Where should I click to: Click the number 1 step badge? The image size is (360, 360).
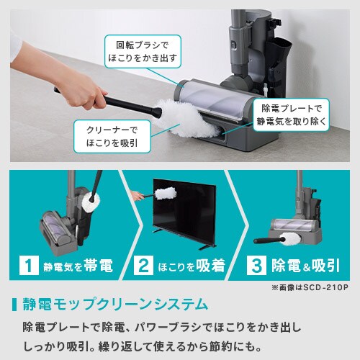[28, 265]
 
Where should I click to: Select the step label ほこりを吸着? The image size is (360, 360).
[191, 265]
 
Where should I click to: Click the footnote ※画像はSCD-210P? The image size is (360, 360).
[309, 287]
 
